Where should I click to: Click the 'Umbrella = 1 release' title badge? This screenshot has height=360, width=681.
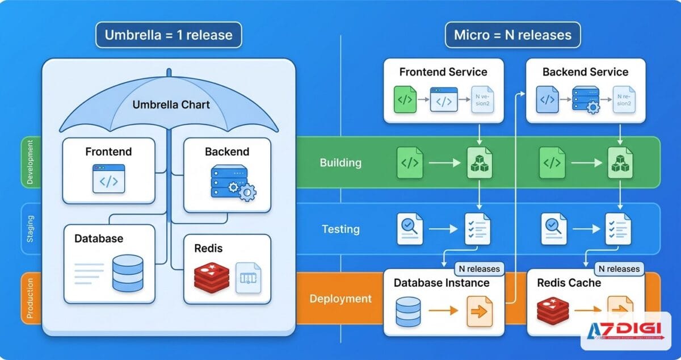click(x=169, y=35)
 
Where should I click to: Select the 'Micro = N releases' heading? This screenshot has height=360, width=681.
click(x=512, y=35)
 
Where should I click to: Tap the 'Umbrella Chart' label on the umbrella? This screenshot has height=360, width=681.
click(x=171, y=104)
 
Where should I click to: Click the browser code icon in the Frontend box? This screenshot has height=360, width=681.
click(x=108, y=179)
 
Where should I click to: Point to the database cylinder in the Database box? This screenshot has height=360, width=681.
click(x=128, y=273)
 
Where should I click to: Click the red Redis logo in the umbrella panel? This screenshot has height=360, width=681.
click(x=211, y=277)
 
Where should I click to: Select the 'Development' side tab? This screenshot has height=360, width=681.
click(x=30, y=162)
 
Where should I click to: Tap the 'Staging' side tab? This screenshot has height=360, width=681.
click(x=30, y=228)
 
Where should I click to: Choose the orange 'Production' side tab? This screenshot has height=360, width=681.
click(x=30, y=298)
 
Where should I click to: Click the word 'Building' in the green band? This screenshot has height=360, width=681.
click(x=340, y=163)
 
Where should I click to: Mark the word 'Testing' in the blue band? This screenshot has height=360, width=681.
click(x=340, y=229)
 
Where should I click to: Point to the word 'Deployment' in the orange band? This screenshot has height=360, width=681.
click(x=340, y=299)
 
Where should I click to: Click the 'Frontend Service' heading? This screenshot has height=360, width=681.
click(x=443, y=72)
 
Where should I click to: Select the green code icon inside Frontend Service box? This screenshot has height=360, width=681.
click(x=405, y=101)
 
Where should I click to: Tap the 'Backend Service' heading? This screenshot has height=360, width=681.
click(x=585, y=72)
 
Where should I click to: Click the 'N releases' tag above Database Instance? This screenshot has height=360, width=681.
click(x=478, y=269)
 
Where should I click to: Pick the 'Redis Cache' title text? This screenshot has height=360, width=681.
click(x=569, y=283)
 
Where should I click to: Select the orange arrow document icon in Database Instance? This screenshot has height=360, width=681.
click(x=480, y=312)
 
